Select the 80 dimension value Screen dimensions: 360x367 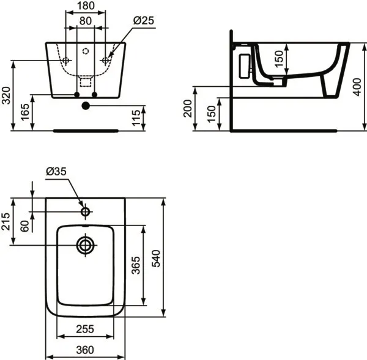point(86,21)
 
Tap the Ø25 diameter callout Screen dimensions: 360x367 point(144,21)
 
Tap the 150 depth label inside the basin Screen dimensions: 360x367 point(280,60)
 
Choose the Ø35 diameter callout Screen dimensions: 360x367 point(56,172)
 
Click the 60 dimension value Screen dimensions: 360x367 point(24,225)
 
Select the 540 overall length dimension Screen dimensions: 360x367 point(157,260)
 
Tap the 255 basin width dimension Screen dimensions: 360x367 point(85,329)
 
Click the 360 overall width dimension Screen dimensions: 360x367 point(85,350)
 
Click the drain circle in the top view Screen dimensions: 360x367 point(85,245)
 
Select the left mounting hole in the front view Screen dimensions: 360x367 point(65,60)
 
